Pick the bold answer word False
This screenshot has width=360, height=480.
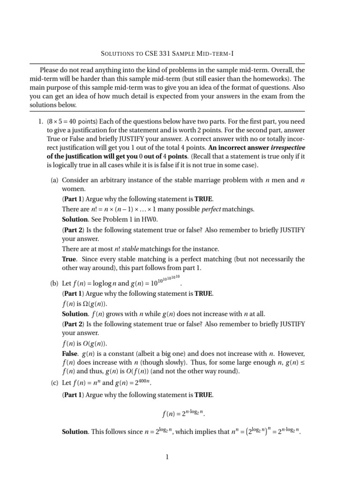pyautogui.click(x=71, y=352)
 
